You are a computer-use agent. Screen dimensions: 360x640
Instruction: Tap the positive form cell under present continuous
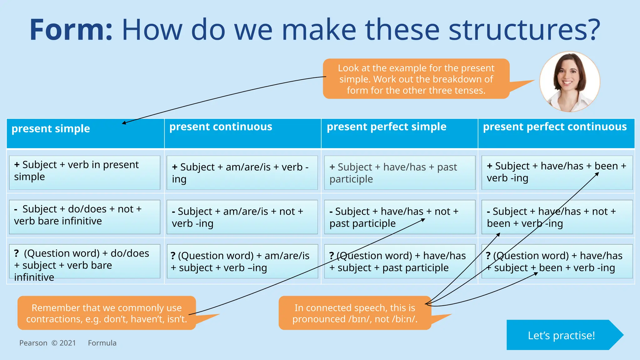242,173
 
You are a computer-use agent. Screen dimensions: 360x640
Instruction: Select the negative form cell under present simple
84,217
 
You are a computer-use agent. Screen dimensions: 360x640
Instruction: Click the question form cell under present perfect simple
399,261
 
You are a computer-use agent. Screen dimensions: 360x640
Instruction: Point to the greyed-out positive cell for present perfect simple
399,173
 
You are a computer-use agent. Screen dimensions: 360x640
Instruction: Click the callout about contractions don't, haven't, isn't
106,313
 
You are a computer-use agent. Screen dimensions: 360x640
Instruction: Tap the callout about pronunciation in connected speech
355,313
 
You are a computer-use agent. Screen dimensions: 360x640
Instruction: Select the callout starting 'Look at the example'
416,79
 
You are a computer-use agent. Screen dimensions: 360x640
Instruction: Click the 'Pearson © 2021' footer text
47,343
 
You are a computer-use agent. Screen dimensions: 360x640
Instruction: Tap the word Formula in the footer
102,343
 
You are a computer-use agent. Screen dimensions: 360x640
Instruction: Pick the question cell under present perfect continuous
557,261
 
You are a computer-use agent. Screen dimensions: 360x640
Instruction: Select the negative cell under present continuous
242,217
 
